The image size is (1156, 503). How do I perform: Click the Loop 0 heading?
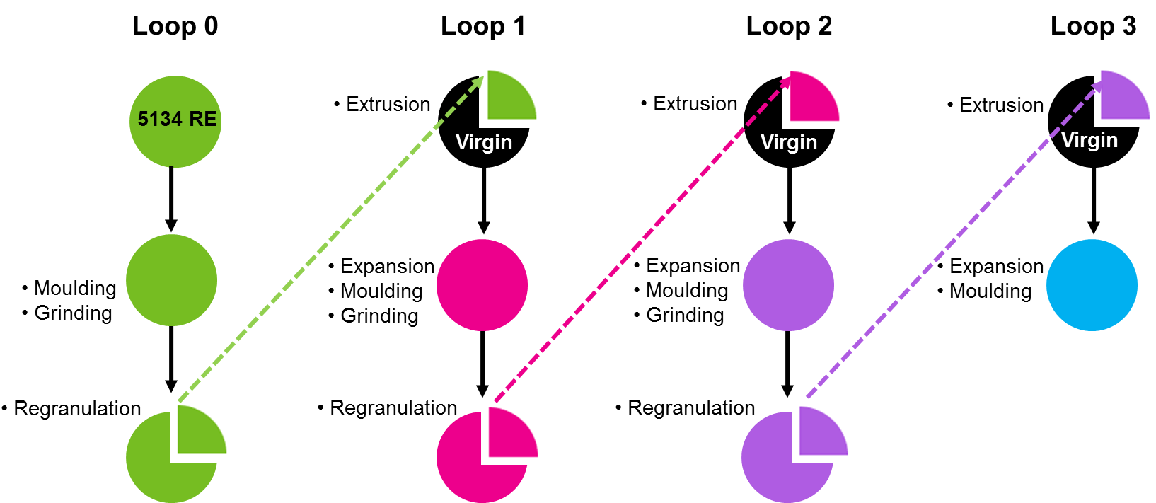175,26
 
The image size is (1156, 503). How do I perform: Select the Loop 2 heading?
789,26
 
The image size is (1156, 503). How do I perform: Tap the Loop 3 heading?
1093,26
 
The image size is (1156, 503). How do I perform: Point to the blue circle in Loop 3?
1092,285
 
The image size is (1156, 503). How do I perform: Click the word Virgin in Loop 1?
484,142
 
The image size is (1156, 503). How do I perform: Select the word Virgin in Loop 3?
1089,140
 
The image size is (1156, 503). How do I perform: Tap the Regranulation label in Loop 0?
77,408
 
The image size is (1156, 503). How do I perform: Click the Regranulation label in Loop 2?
691,407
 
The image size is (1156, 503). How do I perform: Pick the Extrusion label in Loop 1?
388,104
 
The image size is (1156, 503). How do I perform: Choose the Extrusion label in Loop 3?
1001,105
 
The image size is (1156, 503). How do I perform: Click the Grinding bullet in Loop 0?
73,313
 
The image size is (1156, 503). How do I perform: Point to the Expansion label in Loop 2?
693,265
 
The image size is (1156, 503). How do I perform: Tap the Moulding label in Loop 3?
990,291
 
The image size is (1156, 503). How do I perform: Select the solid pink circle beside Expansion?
482,285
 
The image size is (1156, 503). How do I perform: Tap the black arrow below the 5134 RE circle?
171,198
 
